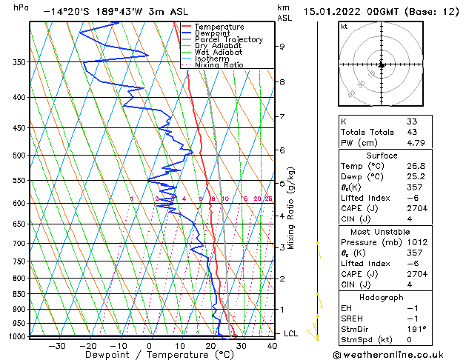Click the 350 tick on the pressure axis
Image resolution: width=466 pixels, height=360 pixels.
[19, 61]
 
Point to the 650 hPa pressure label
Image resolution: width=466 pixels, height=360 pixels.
[19, 224]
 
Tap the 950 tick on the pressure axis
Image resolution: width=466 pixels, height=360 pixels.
[19, 323]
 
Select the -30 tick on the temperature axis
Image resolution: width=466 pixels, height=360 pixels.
[57, 345]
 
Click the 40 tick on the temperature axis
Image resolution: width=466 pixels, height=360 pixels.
[272, 345]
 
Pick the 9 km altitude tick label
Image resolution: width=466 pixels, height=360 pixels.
[282, 46]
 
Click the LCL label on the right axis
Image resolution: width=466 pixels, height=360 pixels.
[291, 333]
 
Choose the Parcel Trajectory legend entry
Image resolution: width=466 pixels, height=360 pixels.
[228, 39]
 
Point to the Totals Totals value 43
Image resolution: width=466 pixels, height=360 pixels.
[412, 132]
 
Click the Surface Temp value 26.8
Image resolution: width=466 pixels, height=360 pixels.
[416, 166]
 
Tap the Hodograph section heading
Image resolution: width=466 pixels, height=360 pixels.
[382, 297]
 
